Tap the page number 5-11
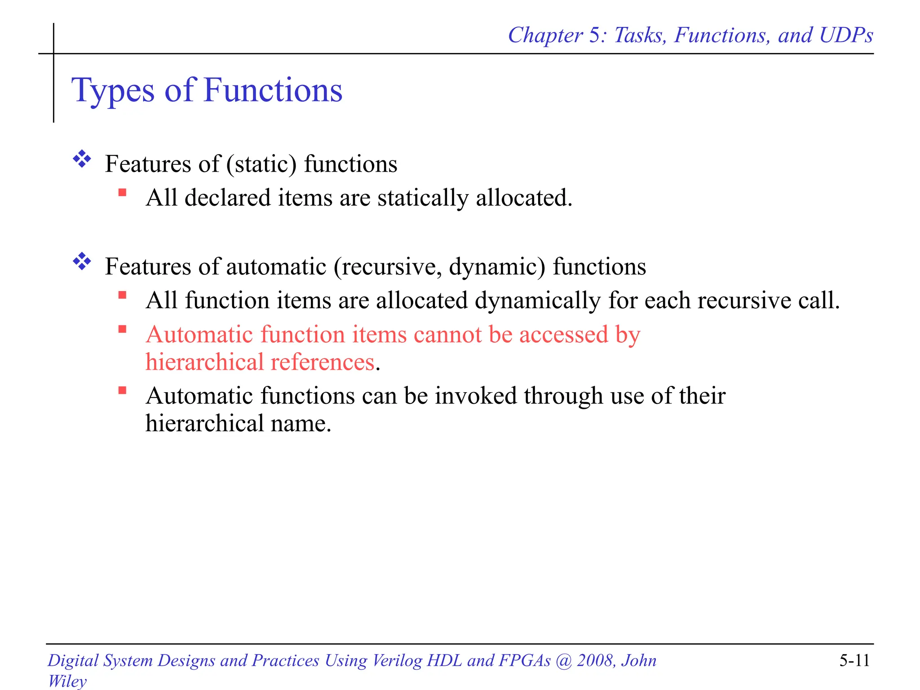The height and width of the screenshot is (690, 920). pyautogui.click(x=854, y=660)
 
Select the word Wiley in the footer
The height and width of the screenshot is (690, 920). pyautogui.click(x=67, y=681)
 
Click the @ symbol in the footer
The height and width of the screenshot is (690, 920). pyautogui.click(x=564, y=660)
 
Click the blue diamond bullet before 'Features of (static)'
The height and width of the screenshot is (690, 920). pyautogui.click(x=82, y=159)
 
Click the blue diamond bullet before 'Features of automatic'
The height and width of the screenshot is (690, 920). pyautogui.click(x=82, y=261)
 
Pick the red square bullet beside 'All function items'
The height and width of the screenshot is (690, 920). pyautogui.click(x=122, y=296)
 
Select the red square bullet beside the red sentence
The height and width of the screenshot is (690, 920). pyautogui.click(x=122, y=330)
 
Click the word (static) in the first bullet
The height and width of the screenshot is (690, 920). pyautogui.click(x=261, y=164)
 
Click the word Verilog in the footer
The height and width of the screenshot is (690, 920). pyautogui.click(x=397, y=660)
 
